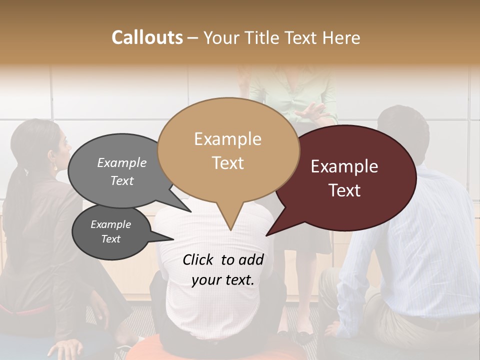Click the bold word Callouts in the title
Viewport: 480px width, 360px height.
point(147,37)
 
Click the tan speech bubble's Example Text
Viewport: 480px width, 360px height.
point(228,150)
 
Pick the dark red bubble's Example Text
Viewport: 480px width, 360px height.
point(344,178)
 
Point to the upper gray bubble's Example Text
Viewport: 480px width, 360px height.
point(122,171)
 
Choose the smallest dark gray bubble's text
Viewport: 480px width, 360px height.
point(110,231)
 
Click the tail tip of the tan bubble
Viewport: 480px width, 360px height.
point(230,230)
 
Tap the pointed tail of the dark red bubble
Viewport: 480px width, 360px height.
point(267,235)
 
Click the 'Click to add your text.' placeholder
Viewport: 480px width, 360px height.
point(223,269)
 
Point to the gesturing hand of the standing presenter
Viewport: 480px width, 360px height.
point(312,110)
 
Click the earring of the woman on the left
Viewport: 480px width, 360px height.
point(53,165)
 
